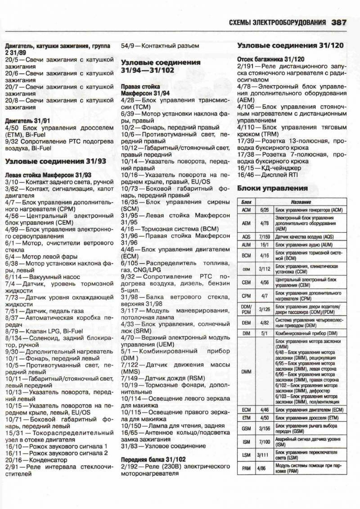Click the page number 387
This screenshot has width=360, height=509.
pos(338,22)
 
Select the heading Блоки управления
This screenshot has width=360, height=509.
pos(272,188)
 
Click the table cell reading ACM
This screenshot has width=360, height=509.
pos(246,210)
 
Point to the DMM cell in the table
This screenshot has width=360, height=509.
pos(246,372)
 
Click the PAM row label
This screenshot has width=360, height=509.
pos(246,468)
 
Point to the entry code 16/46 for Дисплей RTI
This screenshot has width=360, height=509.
pos(247,174)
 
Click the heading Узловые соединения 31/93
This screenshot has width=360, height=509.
pos(56,161)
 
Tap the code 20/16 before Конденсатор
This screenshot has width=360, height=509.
pos(16,460)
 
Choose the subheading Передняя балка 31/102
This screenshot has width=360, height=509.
pos(153,459)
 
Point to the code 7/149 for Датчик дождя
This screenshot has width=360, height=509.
pos(131,378)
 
